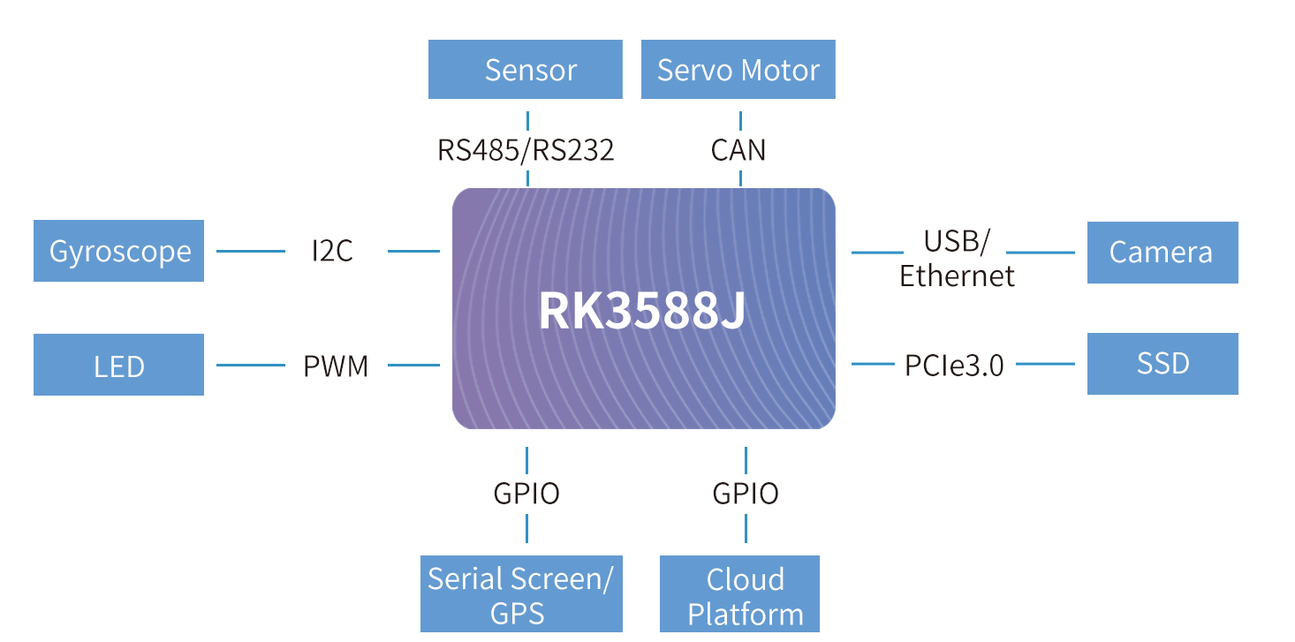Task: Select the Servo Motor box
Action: tap(738, 70)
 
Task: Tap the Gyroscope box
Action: tap(118, 252)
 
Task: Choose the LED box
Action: tap(118, 365)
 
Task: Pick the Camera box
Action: tap(1162, 253)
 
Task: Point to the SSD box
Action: tap(1162, 363)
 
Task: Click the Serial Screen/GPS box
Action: tap(521, 595)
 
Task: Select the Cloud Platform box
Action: tap(739, 595)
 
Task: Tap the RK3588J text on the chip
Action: tap(642, 311)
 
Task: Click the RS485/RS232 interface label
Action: tap(526, 150)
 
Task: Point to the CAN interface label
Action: tap(738, 150)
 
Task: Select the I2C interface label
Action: tap(332, 252)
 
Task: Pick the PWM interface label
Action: tap(336, 366)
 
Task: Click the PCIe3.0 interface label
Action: tap(955, 365)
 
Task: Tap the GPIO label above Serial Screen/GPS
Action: tap(526, 494)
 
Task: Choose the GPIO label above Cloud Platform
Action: tap(746, 494)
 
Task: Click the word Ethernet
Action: tap(957, 276)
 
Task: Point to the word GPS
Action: tap(519, 613)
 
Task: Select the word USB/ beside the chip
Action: tap(957, 240)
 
